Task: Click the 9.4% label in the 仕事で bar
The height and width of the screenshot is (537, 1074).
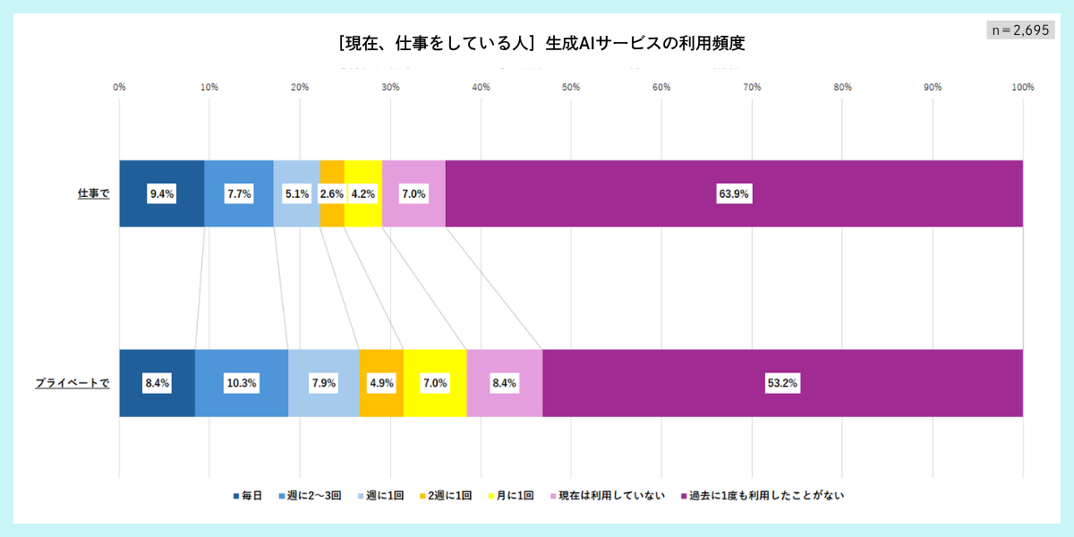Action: point(162,194)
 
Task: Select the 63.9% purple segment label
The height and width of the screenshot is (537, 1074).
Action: point(733,194)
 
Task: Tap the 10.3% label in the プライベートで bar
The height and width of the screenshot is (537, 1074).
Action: point(242,383)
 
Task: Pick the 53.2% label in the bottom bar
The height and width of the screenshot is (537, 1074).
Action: point(781,383)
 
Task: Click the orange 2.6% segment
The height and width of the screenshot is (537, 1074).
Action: point(331,194)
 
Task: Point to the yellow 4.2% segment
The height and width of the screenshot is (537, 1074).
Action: point(362,194)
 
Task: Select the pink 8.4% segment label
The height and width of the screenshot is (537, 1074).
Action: point(504,383)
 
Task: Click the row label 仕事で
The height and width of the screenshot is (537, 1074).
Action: point(93,193)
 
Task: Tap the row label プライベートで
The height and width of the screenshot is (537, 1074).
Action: point(72,383)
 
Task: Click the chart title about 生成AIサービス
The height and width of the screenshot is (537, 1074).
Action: point(541,42)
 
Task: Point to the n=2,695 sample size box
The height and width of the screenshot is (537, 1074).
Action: point(1019,30)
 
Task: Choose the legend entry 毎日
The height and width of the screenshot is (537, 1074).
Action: point(247,495)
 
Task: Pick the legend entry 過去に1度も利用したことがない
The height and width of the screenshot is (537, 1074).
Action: point(762,495)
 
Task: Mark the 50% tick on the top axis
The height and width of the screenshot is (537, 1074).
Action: point(571,87)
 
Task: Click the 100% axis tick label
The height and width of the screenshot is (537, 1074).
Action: point(1022,87)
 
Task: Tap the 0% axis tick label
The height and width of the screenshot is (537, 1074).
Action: point(119,87)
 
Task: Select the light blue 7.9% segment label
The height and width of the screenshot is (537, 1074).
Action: point(323,383)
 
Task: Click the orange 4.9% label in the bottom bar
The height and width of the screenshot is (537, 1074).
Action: point(381,383)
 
